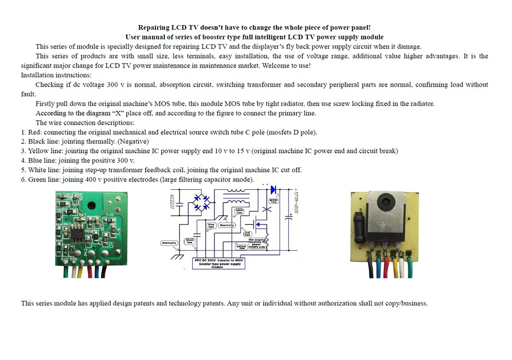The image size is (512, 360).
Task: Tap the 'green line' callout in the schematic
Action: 273,201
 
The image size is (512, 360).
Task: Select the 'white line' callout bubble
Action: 239,210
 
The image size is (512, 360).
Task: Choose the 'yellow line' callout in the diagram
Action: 241,247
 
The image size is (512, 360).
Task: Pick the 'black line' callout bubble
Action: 190,240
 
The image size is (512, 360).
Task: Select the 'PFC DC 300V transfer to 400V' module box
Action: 220,264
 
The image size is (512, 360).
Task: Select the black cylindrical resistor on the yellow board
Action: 358,228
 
